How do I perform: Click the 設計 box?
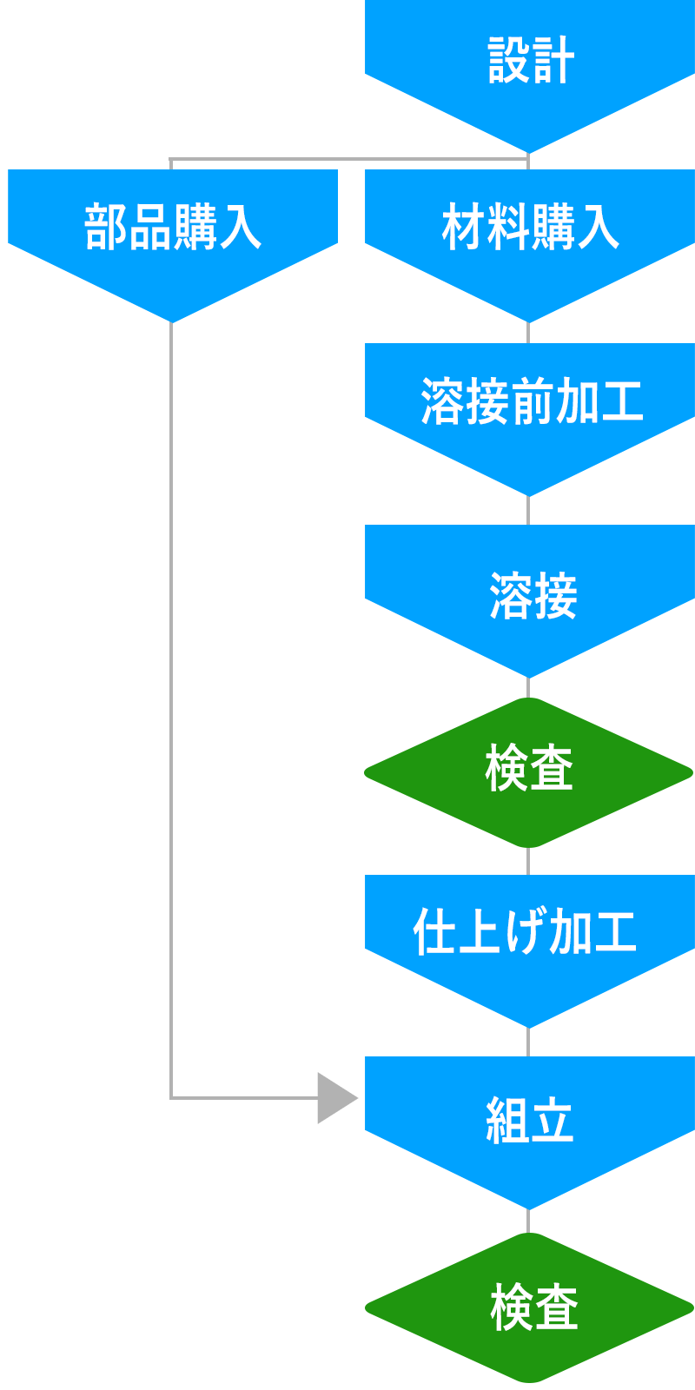tap(532, 76)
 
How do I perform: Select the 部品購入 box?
tap(174, 246)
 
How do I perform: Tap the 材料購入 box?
tap(532, 246)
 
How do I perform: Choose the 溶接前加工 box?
tap(532, 420)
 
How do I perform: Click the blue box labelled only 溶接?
tap(532, 601)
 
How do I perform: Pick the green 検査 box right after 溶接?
tap(528, 772)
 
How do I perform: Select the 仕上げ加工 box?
tap(532, 951)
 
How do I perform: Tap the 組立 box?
tap(532, 1133)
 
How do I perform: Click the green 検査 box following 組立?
tap(529, 1307)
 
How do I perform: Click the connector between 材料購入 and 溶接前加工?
tap(528, 334)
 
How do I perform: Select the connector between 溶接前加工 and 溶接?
tap(528, 511)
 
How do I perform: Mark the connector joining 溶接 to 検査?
tap(528, 687)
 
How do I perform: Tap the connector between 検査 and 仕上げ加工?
tap(528, 862)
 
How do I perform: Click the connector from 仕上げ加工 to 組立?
tap(528, 1042)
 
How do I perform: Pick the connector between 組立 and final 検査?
tap(528, 1221)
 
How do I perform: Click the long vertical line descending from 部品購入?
tap(171, 695)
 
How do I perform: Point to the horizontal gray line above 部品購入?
tap(347, 160)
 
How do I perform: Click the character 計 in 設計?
tap(554, 61)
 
